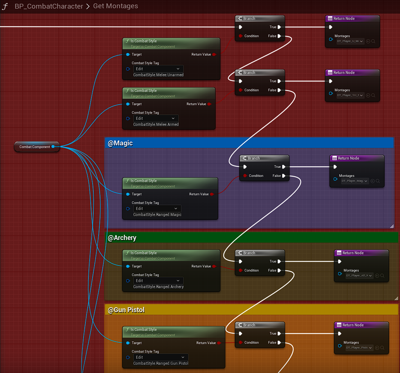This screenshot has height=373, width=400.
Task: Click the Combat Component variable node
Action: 35,147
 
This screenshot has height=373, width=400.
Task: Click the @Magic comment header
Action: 120,143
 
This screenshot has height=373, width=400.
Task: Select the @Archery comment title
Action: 122,238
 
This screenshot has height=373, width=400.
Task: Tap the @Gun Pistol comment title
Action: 126,310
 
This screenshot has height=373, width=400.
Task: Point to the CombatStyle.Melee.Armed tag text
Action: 155,124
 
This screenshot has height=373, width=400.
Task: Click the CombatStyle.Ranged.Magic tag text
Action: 157,214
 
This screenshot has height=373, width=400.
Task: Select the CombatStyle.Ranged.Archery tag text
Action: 158,287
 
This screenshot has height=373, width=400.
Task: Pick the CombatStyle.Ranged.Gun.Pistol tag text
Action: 160,363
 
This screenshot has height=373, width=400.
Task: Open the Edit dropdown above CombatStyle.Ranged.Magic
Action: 157,208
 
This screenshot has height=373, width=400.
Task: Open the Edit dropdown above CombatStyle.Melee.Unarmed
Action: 158,69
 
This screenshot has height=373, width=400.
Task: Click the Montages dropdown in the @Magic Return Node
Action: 355,181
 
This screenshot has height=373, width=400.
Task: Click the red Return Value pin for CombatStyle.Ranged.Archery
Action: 214,266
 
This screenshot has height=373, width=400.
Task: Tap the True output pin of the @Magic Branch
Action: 284,167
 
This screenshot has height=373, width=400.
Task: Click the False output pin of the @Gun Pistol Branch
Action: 279,343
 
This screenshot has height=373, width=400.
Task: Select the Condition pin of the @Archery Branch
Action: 240,270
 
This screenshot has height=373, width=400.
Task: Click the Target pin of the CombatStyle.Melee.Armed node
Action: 128,104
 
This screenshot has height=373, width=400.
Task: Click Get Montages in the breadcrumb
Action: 115,6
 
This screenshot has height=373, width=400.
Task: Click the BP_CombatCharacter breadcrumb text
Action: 49,6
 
